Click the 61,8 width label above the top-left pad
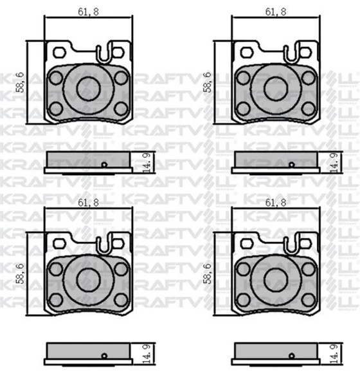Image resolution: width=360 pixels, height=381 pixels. pos(88,12)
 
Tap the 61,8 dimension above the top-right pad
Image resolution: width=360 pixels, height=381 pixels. pos(276,12)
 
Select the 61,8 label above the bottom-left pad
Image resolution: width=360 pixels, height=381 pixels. pos(88,203)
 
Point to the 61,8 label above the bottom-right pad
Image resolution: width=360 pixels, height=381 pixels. pos(276,203)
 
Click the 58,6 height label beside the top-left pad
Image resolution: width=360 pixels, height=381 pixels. pos(20,82)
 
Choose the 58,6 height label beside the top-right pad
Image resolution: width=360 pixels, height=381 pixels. pos(207,82)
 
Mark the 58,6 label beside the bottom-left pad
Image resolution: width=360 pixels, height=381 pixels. pos(20,274)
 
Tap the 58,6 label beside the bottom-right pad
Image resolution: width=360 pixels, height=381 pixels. pos(207,274)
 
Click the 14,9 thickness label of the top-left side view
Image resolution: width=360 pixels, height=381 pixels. pos(147,163)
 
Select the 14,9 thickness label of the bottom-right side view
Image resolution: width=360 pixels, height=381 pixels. pos(335,354)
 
